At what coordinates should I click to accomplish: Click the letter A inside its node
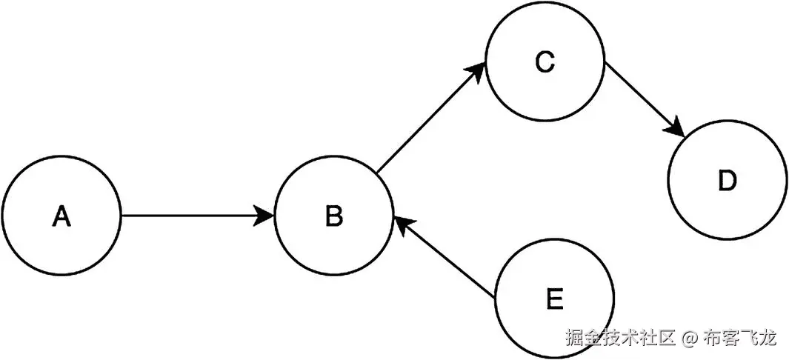tap(61, 216)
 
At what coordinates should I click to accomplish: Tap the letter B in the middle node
tap(333, 216)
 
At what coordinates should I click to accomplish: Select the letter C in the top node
tap(545, 63)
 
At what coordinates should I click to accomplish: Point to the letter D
tap(728, 181)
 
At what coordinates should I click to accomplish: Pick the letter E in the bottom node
tap(553, 300)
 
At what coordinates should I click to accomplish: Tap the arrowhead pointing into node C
tap(476, 73)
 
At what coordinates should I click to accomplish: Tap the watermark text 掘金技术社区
tap(620, 339)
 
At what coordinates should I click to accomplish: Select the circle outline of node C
tap(545, 4)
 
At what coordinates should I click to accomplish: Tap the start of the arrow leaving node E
tap(495, 298)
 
